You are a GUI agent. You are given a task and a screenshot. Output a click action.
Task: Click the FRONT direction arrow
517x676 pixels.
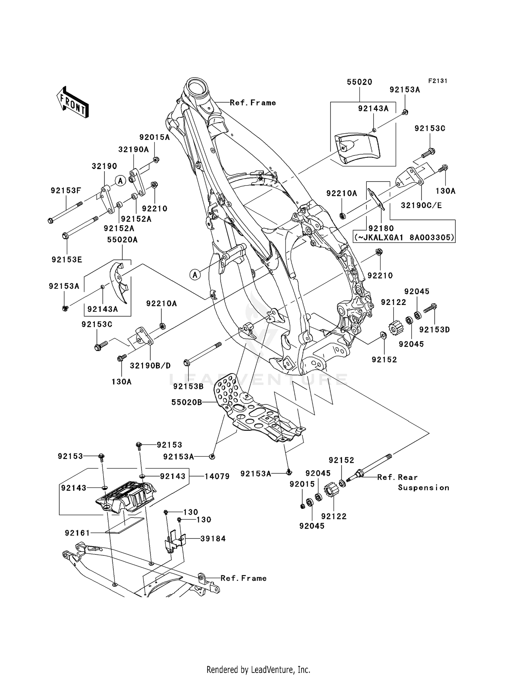(x=73, y=103)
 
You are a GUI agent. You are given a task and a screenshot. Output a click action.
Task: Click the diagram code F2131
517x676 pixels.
(x=437, y=81)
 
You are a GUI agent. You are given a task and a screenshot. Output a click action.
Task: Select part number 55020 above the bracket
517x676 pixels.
(x=359, y=82)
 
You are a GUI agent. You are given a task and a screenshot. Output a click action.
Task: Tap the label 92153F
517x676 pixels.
(x=66, y=190)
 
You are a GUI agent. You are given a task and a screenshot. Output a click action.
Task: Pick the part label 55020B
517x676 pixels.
(x=186, y=402)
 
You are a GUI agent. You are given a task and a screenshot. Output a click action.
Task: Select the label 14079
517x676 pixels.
(x=217, y=476)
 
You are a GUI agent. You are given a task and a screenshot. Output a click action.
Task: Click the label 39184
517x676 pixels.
(x=213, y=539)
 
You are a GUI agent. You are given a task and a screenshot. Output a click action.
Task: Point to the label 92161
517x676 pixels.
(x=77, y=533)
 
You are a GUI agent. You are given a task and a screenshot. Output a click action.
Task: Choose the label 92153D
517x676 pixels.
(x=434, y=330)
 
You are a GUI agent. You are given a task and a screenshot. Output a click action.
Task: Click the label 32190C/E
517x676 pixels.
(x=421, y=205)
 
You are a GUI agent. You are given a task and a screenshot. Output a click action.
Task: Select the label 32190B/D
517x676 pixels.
(x=150, y=366)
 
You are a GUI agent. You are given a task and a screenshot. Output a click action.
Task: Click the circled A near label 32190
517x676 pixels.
(x=120, y=181)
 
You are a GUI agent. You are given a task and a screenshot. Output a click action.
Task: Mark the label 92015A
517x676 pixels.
(x=154, y=137)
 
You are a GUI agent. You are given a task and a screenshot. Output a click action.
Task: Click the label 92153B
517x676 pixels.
(x=188, y=387)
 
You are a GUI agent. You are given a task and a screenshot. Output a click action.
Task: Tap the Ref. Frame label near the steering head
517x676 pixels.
(x=253, y=103)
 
